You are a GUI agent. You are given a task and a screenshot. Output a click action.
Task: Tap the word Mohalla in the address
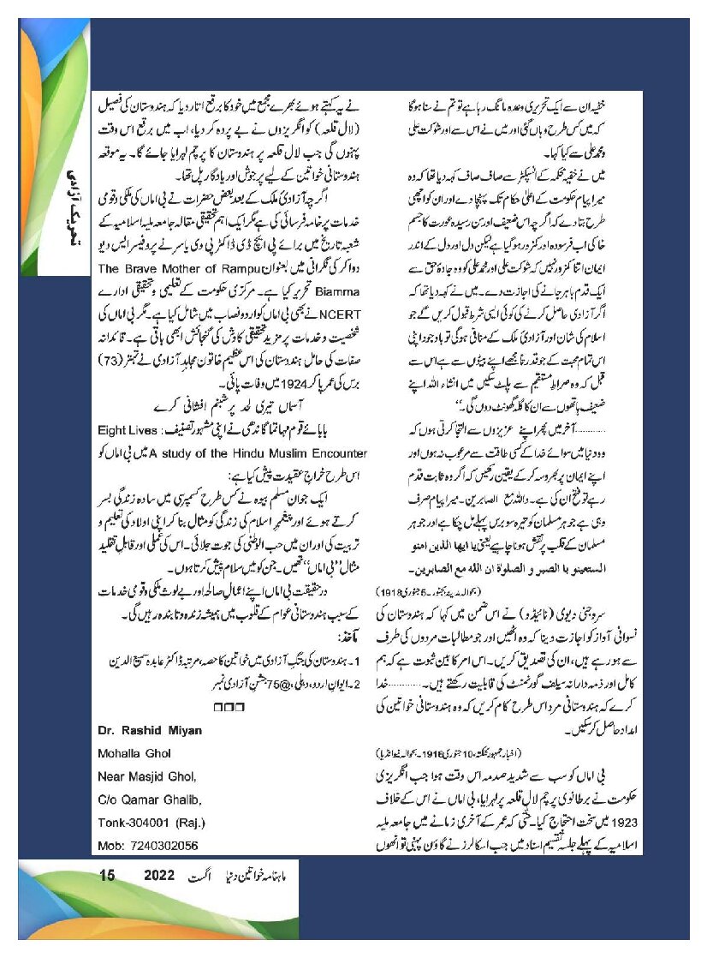click(124, 754)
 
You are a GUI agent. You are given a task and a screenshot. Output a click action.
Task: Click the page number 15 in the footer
click(107, 876)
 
